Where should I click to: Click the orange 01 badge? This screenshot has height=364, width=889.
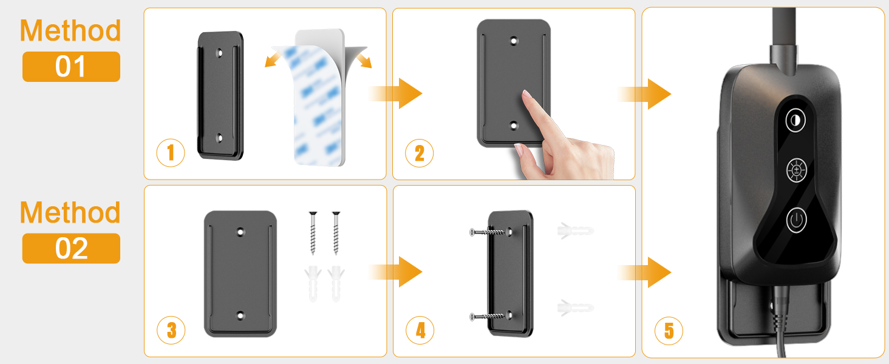[x=71, y=67]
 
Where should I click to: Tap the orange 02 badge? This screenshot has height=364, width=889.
[x=71, y=248]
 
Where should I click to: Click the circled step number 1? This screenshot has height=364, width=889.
[x=171, y=153]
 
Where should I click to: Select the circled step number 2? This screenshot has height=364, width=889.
[x=420, y=153]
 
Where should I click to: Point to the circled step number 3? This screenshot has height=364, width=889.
[x=171, y=330]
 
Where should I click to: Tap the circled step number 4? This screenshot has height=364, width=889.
[x=420, y=330]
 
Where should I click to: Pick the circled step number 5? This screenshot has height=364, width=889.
[x=669, y=330]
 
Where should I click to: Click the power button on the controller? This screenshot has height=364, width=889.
[x=796, y=220]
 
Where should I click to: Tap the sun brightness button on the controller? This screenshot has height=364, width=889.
[x=797, y=170]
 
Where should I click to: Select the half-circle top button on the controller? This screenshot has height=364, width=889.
[x=795, y=120]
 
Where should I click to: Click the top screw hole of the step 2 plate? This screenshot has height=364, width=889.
[x=514, y=41]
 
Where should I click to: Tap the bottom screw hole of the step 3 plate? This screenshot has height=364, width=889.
[x=240, y=315]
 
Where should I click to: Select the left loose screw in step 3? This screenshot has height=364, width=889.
[x=313, y=233]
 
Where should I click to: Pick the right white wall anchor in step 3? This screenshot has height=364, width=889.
[x=336, y=283]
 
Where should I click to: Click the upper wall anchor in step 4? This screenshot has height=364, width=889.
[x=576, y=231]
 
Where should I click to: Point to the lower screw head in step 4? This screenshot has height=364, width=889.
[x=472, y=317]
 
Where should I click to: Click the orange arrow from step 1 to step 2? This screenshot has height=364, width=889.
[x=396, y=93]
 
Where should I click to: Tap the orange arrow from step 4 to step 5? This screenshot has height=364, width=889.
[x=644, y=272]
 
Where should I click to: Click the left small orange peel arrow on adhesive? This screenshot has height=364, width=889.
[x=273, y=60]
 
